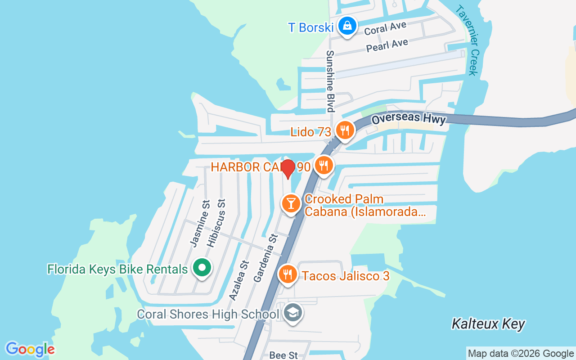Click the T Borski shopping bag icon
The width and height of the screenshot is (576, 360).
[x=347, y=26]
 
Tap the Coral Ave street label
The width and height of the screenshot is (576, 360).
[x=385, y=28]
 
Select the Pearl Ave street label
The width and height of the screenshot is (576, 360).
[x=387, y=45]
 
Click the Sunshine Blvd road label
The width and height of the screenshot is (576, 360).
[x=330, y=81]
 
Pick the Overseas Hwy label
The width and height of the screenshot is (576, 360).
[x=409, y=119]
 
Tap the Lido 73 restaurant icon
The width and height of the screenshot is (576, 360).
[x=345, y=130]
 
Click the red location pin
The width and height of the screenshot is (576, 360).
[x=288, y=168]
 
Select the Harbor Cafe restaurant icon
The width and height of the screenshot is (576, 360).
[x=323, y=165]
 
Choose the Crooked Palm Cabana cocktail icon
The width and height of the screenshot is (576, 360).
[x=291, y=203]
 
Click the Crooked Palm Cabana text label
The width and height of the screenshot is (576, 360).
[x=364, y=205]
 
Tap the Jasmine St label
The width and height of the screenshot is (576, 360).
[x=200, y=224]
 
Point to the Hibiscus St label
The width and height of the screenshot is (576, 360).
[x=216, y=222]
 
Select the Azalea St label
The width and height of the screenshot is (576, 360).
[x=238, y=280]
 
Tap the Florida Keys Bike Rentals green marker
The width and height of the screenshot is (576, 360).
[x=202, y=268]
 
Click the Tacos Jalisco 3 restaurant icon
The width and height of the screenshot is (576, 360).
[x=288, y=274]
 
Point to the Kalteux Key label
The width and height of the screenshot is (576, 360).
[x=488, y=324]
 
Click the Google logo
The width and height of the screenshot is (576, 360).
[x=30, y=349]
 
